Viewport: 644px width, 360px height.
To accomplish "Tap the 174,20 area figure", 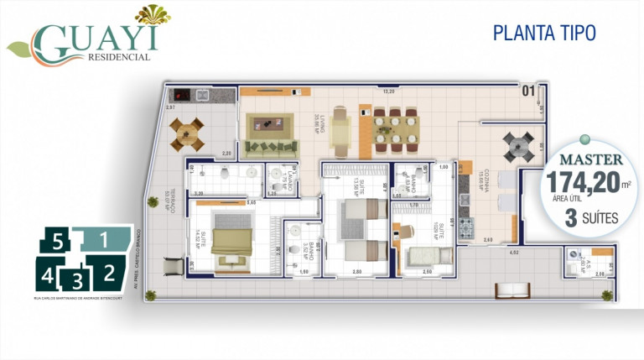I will click(579, 181).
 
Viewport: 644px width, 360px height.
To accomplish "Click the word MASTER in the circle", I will click(591, 159).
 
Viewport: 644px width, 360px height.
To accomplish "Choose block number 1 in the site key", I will click(103, 239).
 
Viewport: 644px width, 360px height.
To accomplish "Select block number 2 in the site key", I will click(109, 272).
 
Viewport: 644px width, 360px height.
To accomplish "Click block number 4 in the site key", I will click(48, 274).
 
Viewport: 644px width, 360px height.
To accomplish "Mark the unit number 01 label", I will click(529, 91).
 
